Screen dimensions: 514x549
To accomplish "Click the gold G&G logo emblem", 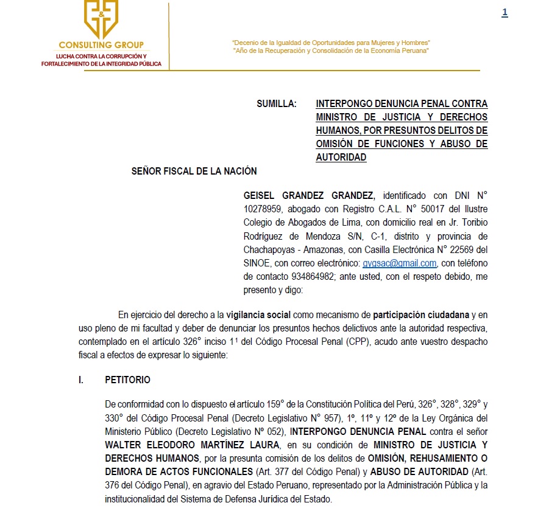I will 101,18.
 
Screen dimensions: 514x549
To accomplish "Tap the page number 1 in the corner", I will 505,13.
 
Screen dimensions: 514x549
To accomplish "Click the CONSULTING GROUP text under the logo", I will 101,44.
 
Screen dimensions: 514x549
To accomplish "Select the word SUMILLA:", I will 277,104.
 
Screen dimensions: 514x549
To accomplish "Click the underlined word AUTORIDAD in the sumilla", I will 341,157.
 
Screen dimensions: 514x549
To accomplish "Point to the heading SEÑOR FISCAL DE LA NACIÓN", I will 194,172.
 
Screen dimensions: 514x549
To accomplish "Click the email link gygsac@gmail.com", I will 399,263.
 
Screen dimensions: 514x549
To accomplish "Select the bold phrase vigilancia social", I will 258,315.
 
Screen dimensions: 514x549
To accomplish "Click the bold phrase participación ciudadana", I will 421,315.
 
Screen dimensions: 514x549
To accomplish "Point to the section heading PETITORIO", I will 127,380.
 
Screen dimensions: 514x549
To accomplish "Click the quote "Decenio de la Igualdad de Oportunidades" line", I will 331,43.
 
